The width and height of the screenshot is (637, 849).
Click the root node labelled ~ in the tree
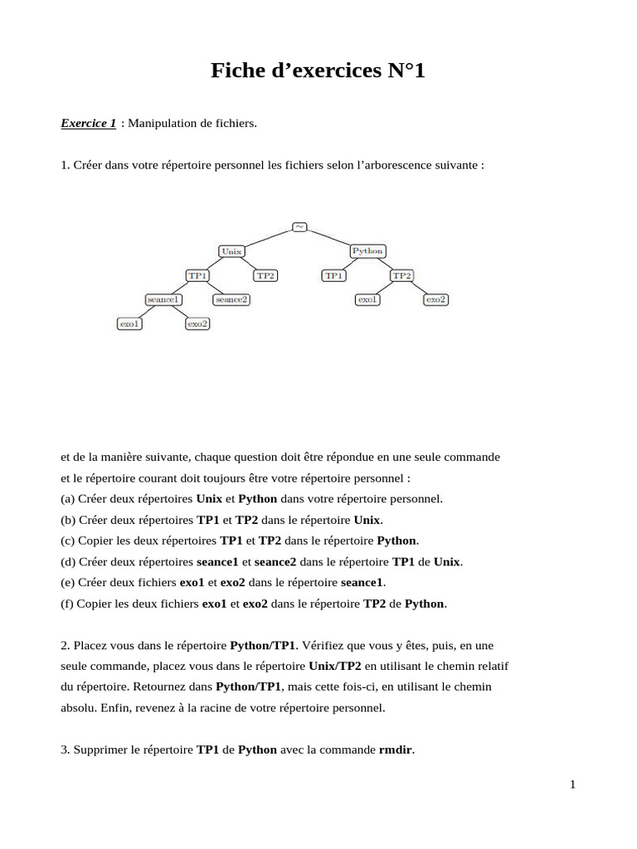tap(299, 226)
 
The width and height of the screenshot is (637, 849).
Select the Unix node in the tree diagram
tap(231, 250)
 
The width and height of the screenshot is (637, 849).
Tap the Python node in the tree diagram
tap(367, 250)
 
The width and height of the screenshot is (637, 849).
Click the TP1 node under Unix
tap(197, 275)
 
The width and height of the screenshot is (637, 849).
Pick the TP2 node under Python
tap(401, 275)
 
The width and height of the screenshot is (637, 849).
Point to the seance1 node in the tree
tap(163, 299)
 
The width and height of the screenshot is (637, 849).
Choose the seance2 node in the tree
tap(231, 299)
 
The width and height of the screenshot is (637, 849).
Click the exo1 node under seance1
tap(129, 323)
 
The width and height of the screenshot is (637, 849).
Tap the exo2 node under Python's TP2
tap(435, 299)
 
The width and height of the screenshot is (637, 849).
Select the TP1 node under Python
tap(333, 275)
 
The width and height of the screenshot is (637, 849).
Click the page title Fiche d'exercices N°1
tap(318, 72)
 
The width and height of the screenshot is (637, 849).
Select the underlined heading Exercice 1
tap(88, 124)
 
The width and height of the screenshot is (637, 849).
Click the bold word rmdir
tap(396, 750)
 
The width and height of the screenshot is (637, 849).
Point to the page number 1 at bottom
tap(572, 785)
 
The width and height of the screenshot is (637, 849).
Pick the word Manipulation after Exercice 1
tap(161, 124)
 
